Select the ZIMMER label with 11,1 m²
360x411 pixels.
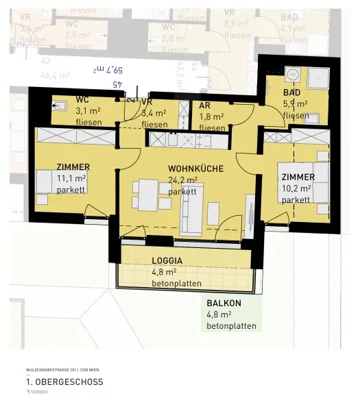(x=73, y=166)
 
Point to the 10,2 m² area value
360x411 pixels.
(x=296, y=188)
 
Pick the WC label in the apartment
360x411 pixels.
(x=82, y=99)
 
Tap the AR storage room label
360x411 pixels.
(x=204, y=106)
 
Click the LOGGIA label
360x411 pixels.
(x=167, y=260)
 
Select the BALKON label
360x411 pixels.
(x=224, y=303)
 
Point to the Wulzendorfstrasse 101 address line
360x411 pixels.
(x=61, y=369)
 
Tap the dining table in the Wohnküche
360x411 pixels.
(x=149, y=195)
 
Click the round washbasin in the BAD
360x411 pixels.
(x=291, y=75)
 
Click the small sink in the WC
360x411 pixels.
(x=58, y=106)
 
